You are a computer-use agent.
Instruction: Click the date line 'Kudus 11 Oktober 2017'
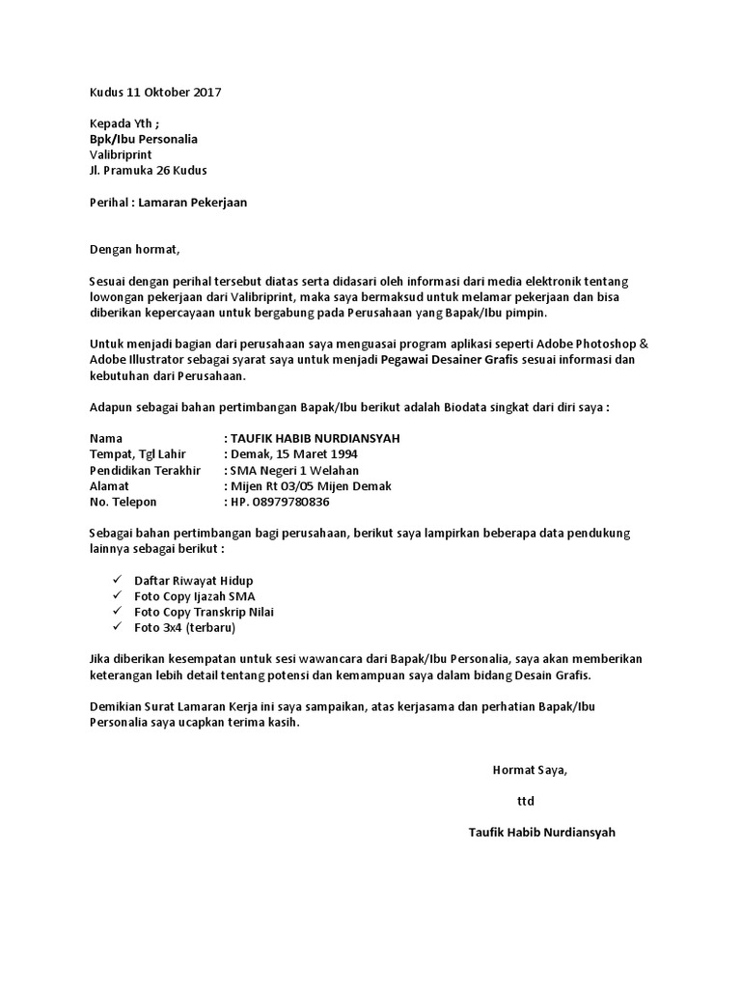155,93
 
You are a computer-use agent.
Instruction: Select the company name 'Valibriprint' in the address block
121,154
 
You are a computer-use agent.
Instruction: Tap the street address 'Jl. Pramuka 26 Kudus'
148,171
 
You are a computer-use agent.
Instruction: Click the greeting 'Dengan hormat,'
134,249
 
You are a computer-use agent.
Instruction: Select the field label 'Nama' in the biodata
106,438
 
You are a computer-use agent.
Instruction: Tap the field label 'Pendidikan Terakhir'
145,470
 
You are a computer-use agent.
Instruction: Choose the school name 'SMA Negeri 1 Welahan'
295,470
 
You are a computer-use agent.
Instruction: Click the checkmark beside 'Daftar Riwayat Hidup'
117,580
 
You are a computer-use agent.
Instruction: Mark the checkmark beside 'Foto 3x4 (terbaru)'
117,627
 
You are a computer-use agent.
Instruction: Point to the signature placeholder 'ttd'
526,801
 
